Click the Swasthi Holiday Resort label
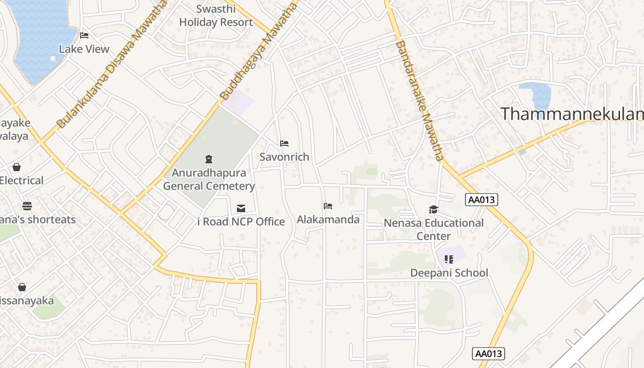216,16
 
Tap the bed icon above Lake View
84,35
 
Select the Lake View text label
84,49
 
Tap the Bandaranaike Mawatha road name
419,100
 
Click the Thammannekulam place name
571,114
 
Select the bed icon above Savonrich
284,144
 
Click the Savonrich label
284,157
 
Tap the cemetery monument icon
209,160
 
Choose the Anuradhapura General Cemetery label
209,180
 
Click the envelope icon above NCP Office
241,208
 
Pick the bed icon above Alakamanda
328,206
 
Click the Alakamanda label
328,219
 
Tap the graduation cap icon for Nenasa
433,210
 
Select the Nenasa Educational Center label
433,230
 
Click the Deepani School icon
448,259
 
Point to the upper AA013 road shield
482,200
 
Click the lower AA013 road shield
489,354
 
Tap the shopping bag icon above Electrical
17,167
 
